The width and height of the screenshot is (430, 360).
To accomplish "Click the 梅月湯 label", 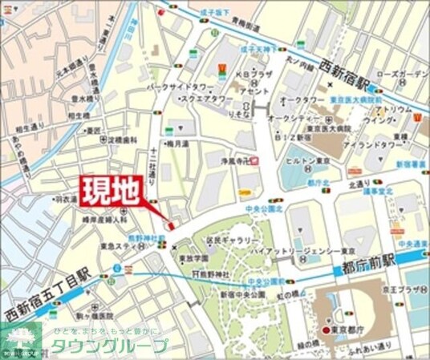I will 179,143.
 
